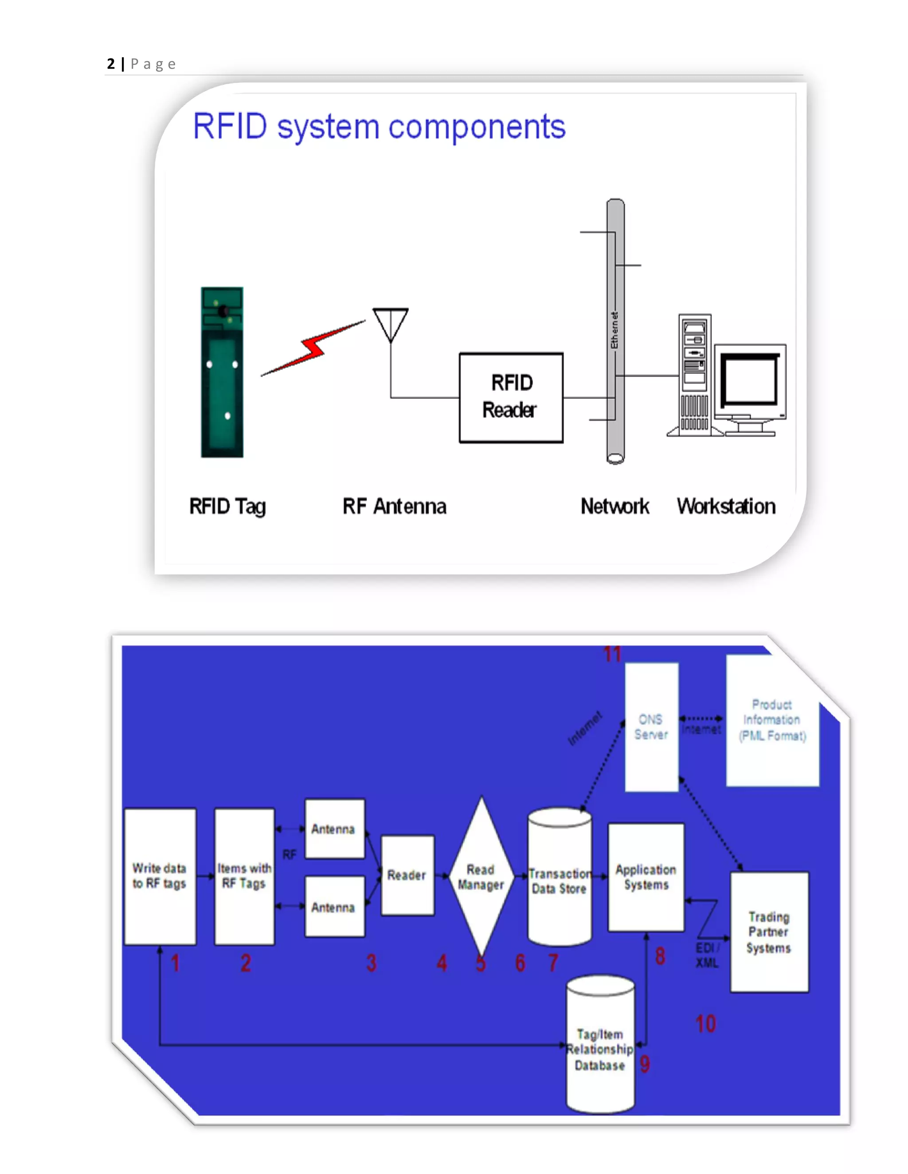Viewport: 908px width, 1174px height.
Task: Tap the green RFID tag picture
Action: coord(222,372)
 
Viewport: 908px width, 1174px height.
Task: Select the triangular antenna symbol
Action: coord(391,323)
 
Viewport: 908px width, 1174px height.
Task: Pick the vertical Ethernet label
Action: coord(614,330)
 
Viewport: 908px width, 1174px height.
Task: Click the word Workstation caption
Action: coord(726,506)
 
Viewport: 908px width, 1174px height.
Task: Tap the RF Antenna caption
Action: coord(394,506)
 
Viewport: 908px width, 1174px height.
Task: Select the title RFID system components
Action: coord(379,127)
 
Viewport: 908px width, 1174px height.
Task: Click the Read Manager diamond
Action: coord(481,876)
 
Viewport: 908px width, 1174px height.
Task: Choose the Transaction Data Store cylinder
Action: coord(560,877)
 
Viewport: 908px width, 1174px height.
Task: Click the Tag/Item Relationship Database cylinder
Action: coord(600,1046)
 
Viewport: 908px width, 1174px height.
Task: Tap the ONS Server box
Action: coord(651,727)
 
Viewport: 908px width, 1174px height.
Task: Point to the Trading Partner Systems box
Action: coord(769,932)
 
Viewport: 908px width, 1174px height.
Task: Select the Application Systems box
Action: coord(646,877)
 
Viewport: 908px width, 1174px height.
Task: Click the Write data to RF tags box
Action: coord(160,876)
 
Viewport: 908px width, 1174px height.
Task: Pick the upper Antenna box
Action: coord(334,828)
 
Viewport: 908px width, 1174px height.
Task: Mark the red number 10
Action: coord(706,1023)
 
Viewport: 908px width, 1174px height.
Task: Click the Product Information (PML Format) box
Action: coord(772,720)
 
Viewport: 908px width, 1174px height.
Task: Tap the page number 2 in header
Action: coord(111,64)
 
